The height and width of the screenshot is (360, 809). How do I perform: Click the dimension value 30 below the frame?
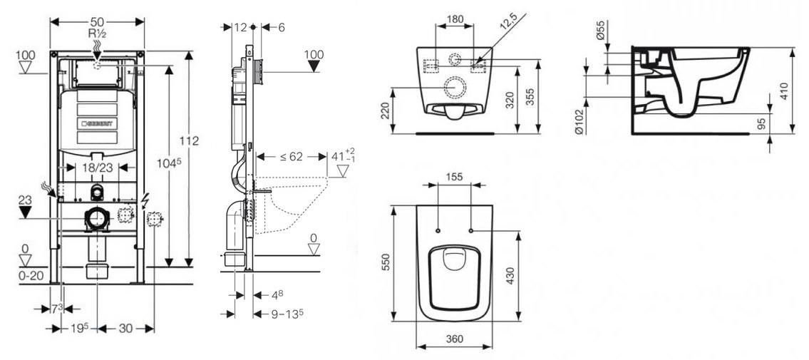point(125,328)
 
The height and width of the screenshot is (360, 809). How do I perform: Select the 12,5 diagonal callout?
point(507,25)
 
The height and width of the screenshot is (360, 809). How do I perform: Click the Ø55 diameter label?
point(600,31)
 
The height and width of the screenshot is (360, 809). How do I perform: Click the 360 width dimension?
point(453,341)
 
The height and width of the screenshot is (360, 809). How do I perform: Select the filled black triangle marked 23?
point(26,212)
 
